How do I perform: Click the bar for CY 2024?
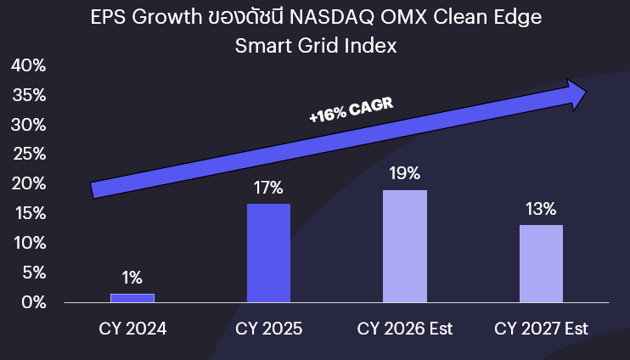pyautogui.click(x=132, y=298)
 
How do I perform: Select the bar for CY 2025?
pyautogui.click(x=268, y=253)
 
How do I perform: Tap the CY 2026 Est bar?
pyautogui.click(x=405, y=246)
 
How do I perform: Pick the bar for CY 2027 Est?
pyautogui.click(x=541, y=263)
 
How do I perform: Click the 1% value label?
pyautogui.click(x=132, y=278)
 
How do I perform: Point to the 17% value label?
pyautogui.click(x=268, y=188)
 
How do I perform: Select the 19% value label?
pyautogui.click(x=405, y=174)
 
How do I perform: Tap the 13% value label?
pyautogui.click(x=541, y=209)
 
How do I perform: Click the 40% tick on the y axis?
pyautogui.click(x=28, y=66)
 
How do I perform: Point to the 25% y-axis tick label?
pyautogui.click(x=28, y=155)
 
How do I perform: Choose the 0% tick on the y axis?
pyautogui.click(x=32, y=302)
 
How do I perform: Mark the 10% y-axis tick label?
pyautogui.click(x=28, y=243)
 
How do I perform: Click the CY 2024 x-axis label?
pyautogui.click(x=132, y=329)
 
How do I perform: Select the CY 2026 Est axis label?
pyautogui.click(x=405, y=329)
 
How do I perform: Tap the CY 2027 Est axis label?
pyautogui.click(x=541, y=329)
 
